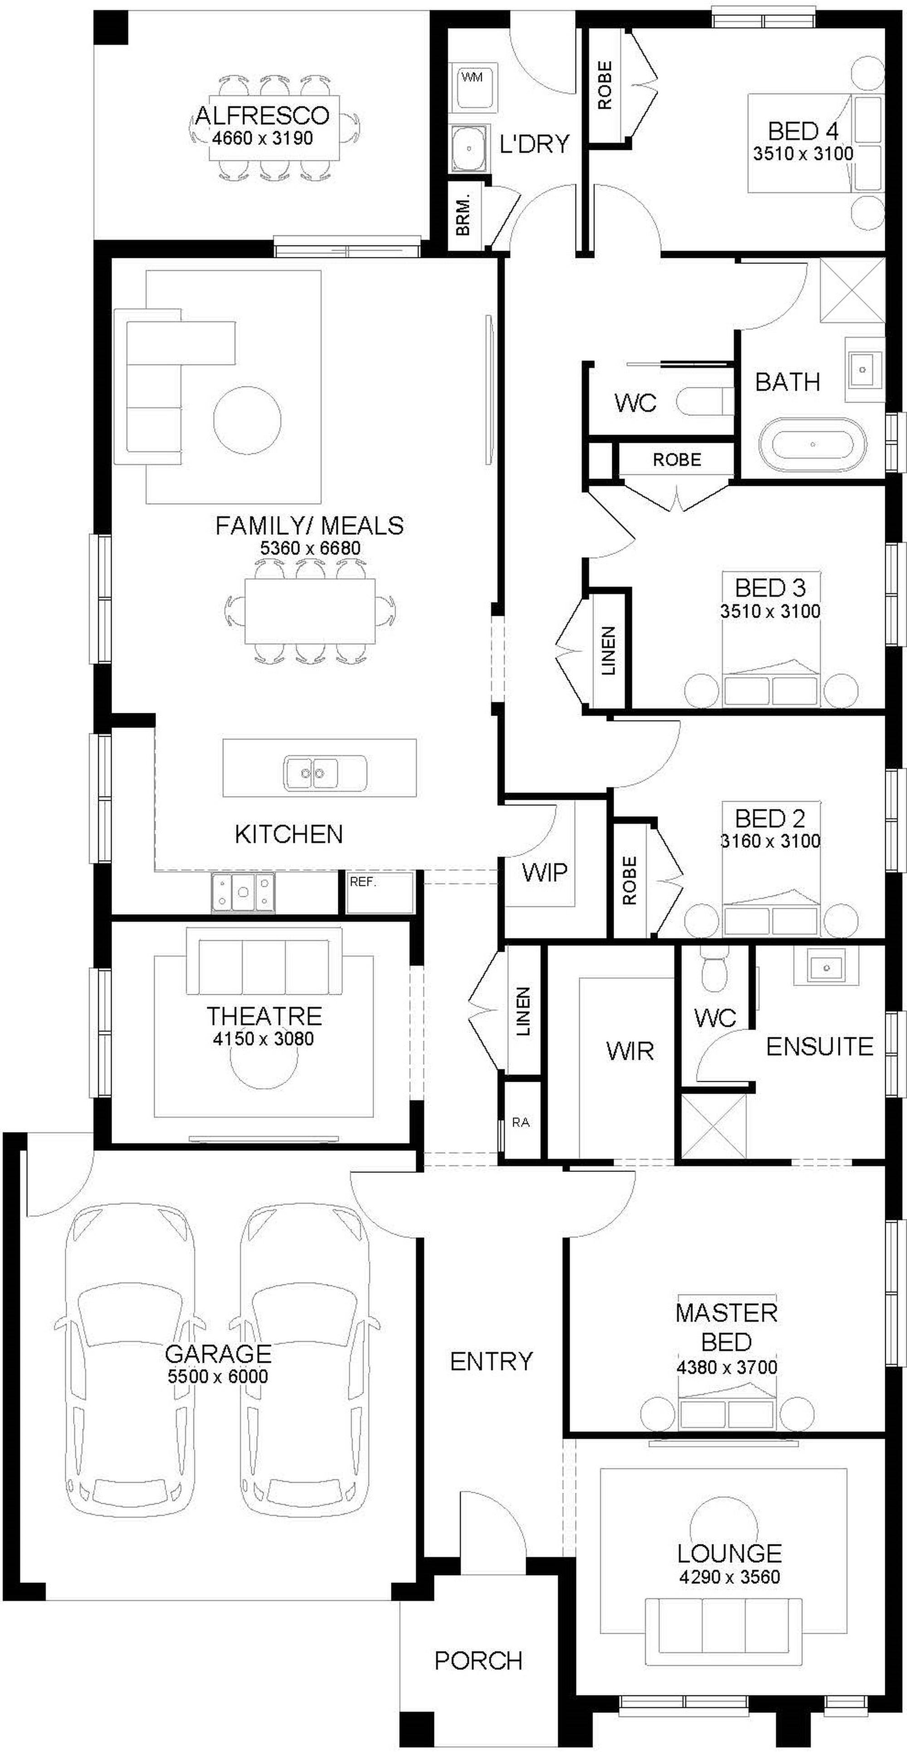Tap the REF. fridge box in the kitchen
tap(380, 892)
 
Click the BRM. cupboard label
tap(463, 215)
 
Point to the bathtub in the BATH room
tap(813, 444)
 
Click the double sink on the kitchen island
tap(325, 773)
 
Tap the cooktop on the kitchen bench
tap(243, 892)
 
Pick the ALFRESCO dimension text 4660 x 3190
tap(263, 138)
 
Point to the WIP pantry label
tap(544, 872)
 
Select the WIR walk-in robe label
tap(630, 1051)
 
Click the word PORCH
tap(478, 1661)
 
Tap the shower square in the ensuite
tap(714, 1124)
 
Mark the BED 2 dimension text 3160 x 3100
tap(770, 841)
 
